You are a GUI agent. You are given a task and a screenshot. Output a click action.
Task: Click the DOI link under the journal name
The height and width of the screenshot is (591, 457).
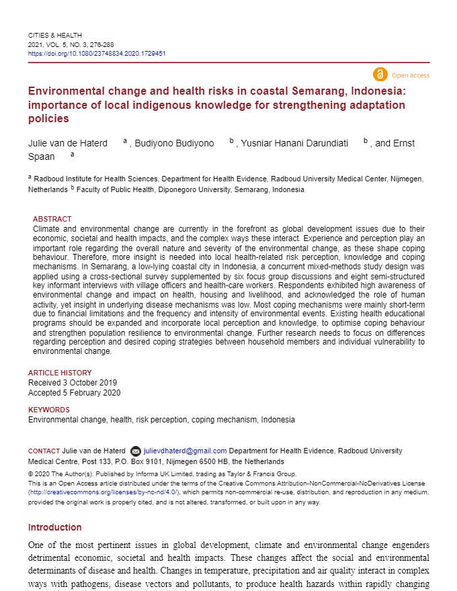(97, 53)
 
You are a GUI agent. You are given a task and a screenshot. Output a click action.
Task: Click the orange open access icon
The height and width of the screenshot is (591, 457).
(380, 75)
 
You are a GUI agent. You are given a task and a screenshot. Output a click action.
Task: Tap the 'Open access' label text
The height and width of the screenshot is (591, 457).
(410, 75)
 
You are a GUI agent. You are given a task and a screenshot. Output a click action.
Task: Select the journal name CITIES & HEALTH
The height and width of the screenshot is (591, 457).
(55, 35)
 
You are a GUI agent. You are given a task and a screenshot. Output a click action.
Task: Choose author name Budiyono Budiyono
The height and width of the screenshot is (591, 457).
(175, 143)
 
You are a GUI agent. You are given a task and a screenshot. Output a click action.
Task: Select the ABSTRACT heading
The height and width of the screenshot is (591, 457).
(52, 219)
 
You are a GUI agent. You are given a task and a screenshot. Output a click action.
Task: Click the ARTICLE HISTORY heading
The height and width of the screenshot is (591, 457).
(60, 373)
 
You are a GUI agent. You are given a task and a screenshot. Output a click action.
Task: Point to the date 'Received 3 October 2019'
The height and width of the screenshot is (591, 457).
(73, 383)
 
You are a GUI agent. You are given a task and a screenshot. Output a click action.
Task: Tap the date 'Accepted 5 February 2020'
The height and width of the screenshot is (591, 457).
(74, 393)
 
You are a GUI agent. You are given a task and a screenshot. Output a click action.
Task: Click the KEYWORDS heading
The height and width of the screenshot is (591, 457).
(48, 410)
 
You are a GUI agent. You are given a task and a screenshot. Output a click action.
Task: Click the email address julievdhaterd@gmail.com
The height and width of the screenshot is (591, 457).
(185, 451)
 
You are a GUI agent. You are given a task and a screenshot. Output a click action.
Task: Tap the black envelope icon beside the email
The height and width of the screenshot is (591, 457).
(136, 451)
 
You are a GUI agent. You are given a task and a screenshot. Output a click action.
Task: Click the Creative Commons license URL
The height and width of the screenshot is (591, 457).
(103, 492)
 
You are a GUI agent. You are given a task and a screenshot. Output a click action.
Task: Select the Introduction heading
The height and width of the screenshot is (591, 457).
(54, 527)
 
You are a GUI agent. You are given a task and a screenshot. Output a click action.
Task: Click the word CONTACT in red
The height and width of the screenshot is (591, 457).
(44, 451)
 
